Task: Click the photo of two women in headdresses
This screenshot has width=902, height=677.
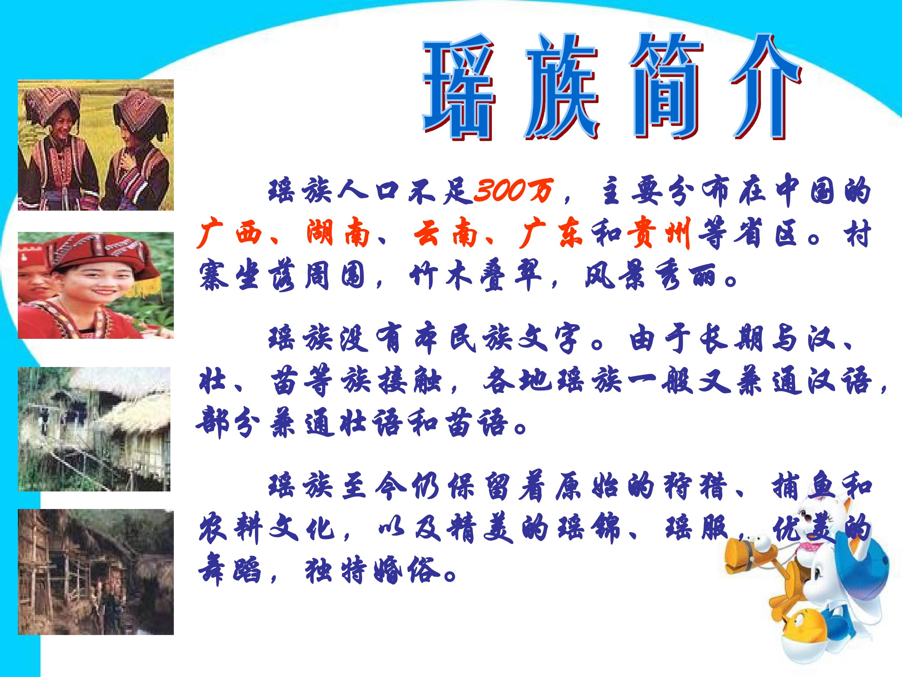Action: point(96,145)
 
